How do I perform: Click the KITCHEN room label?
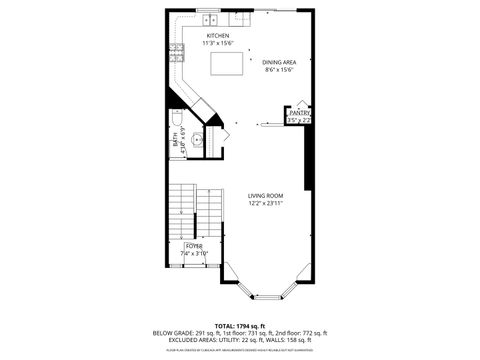219,36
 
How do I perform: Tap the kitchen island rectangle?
229,63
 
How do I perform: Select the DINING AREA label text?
279,61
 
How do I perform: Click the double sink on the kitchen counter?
211,20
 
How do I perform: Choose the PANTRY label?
300,114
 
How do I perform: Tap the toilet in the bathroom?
176,121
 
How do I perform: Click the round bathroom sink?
197,139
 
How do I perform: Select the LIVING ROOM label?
266,195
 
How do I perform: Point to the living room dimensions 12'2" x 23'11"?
266,203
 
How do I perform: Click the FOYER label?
194,245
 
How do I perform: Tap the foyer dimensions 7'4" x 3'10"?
194,253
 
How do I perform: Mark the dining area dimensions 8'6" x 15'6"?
280,69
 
